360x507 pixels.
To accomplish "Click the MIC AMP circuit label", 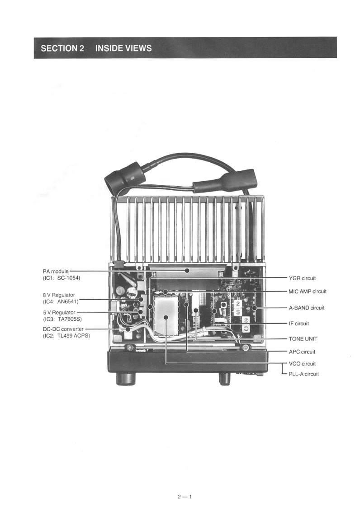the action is point(307,291).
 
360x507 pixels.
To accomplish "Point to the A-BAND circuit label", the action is point(306,308).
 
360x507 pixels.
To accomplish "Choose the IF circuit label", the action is point(298,324).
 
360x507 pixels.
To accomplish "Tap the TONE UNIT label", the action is point(303,339).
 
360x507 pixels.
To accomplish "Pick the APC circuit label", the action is point(302,352).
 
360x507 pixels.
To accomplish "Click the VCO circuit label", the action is point(302,363).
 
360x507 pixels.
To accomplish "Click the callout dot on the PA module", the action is point(186,271).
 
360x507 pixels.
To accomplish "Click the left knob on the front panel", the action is point(123,377).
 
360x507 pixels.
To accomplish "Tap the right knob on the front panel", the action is point(224,377).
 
